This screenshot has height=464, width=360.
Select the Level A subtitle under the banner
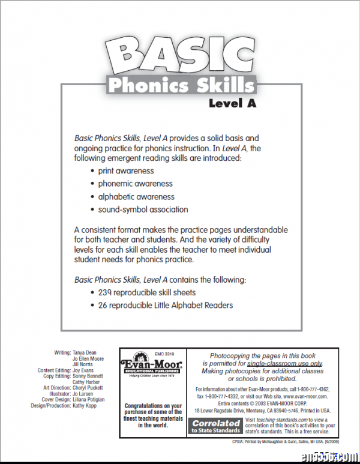tap(233, 103)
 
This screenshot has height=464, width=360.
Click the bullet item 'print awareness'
tap(126, 171)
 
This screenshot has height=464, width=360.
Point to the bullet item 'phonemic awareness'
tap(135, 184)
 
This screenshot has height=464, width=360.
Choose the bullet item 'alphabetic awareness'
tap(136, 197)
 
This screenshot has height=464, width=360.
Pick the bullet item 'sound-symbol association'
tap(143, 209)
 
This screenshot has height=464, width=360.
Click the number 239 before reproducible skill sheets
tap(106, 292)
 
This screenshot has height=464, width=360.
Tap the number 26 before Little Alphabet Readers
tap(103, 305)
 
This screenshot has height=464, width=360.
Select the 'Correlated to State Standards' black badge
tap(217, 426)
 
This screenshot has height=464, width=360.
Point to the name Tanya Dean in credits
tap(85, 353)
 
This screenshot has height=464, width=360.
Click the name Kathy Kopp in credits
tap(85, 406)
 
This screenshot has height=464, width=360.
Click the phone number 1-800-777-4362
tap(310, 389)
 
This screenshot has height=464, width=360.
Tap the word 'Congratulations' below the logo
tap(153, 406)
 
